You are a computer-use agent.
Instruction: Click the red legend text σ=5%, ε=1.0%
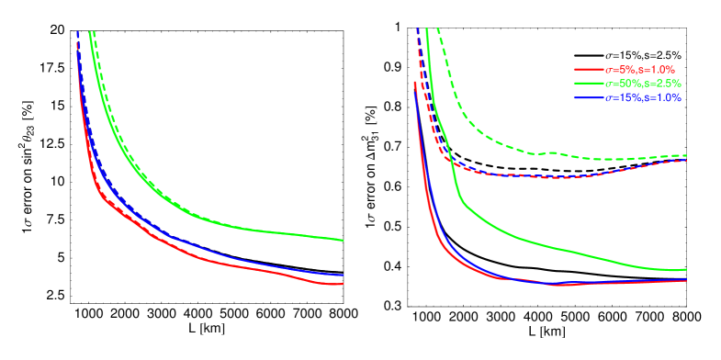tap(639, 69)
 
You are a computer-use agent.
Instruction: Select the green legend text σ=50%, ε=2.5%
tap(642, 84)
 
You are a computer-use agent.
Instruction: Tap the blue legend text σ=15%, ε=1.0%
tap(642, 97)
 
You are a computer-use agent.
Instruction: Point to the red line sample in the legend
tap(588, 69)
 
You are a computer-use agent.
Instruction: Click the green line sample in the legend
tap(588, 84)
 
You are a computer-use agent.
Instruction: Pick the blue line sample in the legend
tap(588, 97)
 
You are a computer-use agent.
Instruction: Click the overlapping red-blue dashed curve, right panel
tap(551, 176)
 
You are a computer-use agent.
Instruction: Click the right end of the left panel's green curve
tap(344, 241)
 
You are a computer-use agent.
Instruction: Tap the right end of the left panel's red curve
tap(344, 284)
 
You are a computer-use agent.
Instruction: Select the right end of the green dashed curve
tap(686, 155)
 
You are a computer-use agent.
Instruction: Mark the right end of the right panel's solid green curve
tap(686, 270)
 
